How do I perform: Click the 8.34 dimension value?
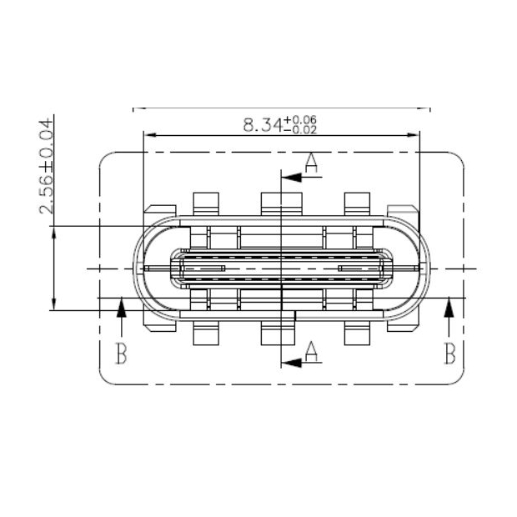coord(261,126)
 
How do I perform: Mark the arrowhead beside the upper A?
coord(290,176)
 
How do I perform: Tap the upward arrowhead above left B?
coord(122,309)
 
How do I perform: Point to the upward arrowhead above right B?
coord(449,309)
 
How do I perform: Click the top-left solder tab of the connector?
coord(205,203)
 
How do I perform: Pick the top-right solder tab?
coord(357,203)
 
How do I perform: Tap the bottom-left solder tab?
coord(205,334)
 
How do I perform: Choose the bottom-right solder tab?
coord(357,334)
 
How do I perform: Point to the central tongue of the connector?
coord(282,269)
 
